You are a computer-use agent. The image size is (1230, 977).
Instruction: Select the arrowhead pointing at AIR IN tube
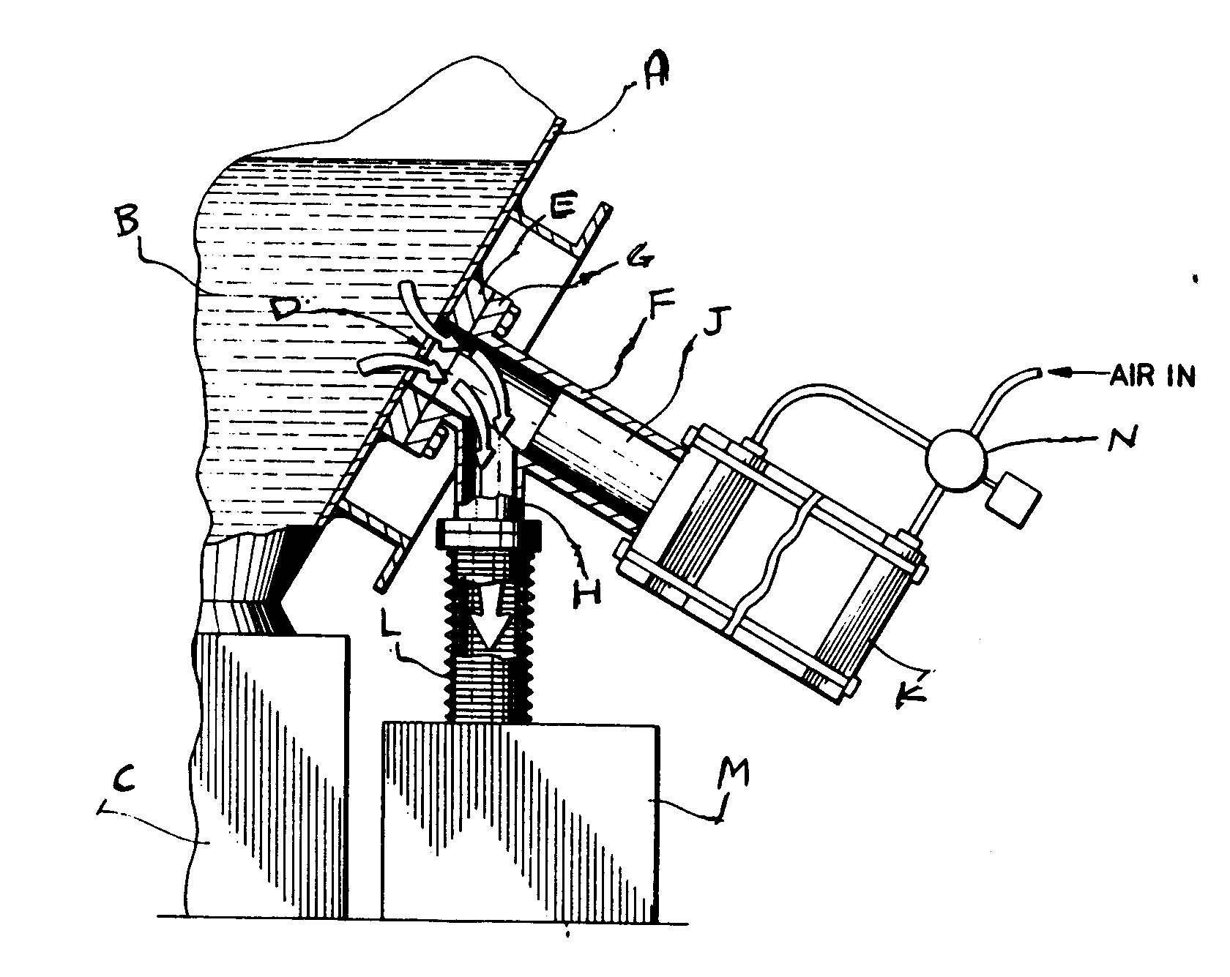(1059, 373)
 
